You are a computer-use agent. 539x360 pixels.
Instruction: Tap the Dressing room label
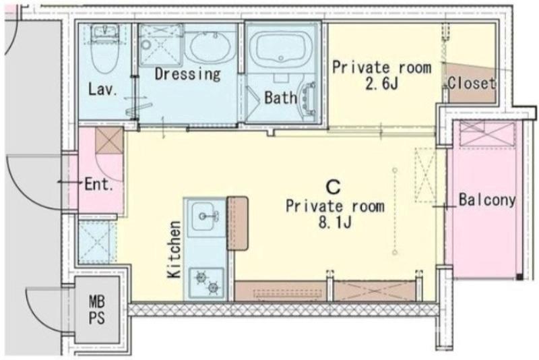click(x=187, y=73)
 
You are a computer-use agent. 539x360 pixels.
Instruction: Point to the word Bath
click(x=280, y=98)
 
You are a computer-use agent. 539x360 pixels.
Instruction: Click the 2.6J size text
click(x=381, y=83)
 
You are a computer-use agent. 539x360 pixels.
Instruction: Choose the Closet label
click(x=472, y=83)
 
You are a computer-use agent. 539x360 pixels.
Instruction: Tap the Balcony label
click(x=487, y=200)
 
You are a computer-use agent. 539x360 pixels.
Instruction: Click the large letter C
click(x=333, y=187)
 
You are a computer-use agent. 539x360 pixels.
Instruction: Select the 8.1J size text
click(x=335, y=222)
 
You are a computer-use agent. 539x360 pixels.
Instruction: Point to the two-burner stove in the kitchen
click(x=207, y=282)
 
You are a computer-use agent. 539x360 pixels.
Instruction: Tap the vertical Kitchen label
click(x=175, y=249)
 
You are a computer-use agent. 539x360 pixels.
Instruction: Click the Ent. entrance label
click(x=99, y=185)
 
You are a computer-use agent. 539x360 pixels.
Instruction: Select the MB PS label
click(x=96, y=309)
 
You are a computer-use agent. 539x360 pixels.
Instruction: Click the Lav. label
click(x=103, y=90)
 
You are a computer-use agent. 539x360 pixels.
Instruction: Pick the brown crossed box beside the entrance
click(x=109, y=141)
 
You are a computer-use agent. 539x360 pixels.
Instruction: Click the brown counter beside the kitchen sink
click(x=237, y=224)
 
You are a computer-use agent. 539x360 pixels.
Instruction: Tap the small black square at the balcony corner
click(x=519, y=276)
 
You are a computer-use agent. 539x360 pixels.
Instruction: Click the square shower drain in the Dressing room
click(x=160, y=44)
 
